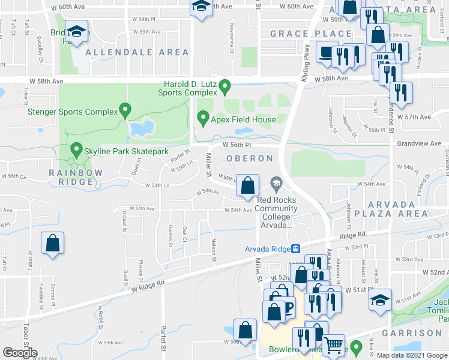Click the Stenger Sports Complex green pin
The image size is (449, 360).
125,110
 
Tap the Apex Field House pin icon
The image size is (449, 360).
203,118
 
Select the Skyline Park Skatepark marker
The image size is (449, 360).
76,149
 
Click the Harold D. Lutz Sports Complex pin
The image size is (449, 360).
225,87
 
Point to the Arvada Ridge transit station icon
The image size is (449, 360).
295,249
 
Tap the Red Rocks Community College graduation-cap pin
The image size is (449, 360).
276,181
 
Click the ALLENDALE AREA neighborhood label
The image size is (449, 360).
137,53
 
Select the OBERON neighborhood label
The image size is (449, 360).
249,158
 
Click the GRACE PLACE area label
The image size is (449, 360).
311,34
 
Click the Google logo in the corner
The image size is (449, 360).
20,353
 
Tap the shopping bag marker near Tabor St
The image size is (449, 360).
53,244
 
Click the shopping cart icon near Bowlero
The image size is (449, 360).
333,344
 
